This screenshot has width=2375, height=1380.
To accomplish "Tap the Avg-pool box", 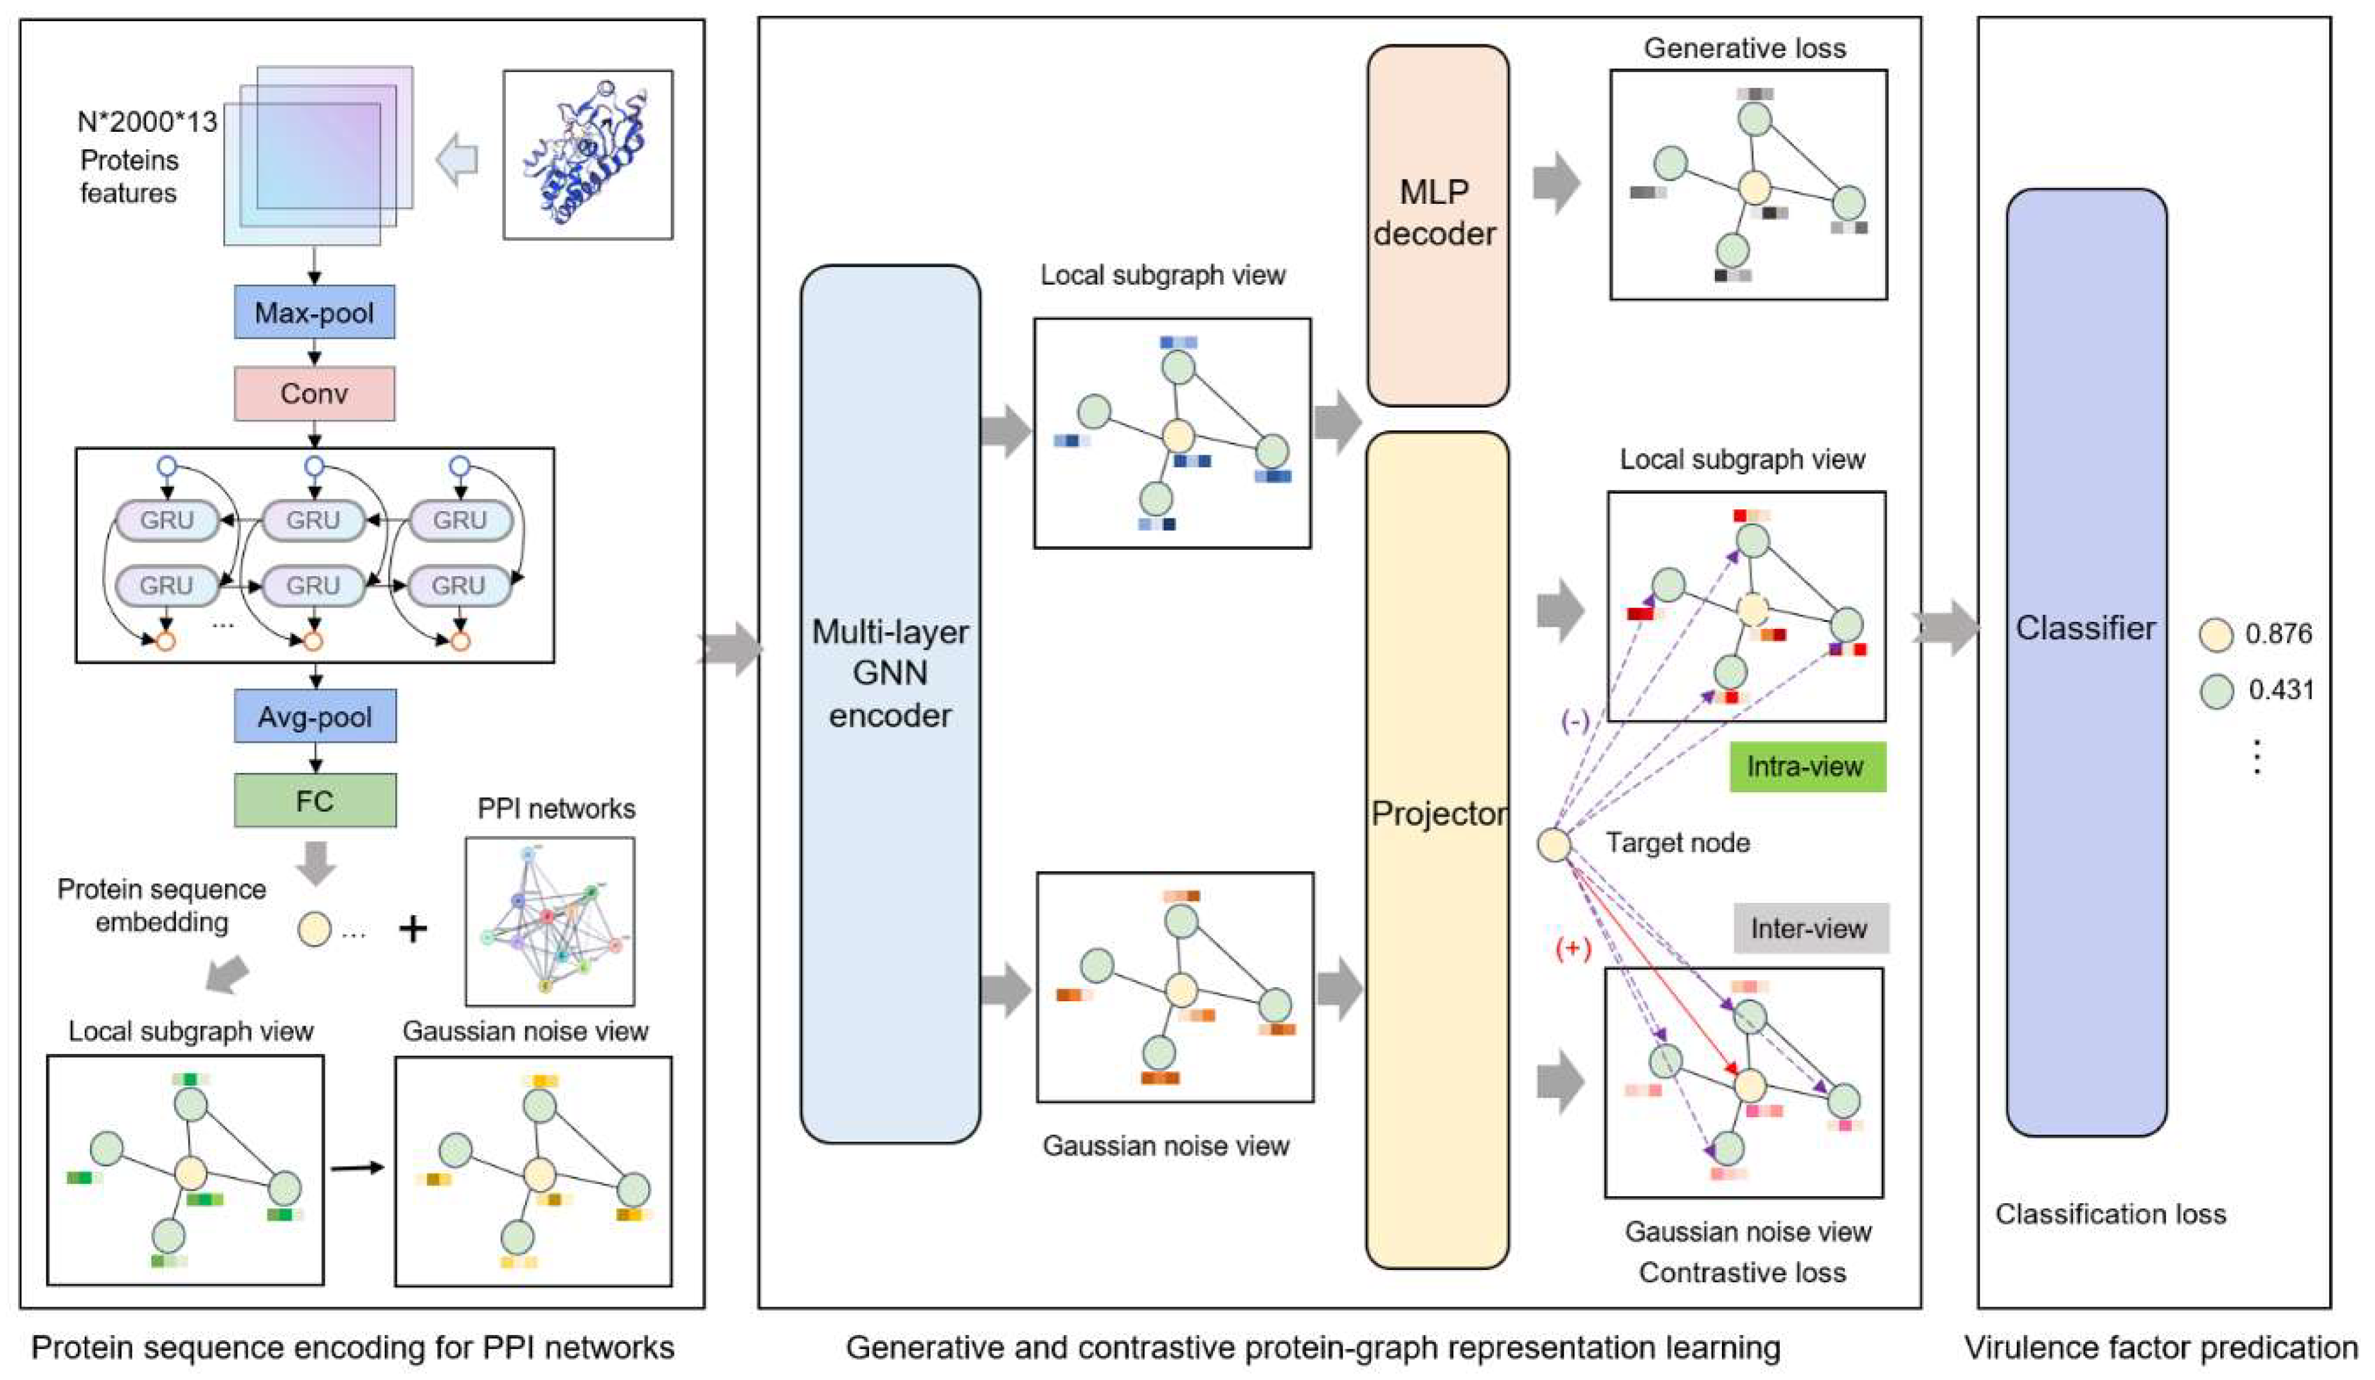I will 315,716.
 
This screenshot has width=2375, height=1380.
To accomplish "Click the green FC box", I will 315,801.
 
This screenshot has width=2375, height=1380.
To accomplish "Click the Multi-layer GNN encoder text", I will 890,673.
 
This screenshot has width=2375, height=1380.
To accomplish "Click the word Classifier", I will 2084,628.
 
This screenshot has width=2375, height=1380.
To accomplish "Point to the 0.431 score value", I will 2280,690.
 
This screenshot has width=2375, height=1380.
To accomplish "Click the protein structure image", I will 587,154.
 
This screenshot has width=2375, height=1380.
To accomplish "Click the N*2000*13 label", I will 147,122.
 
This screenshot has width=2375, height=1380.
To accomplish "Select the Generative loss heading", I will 1744,48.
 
